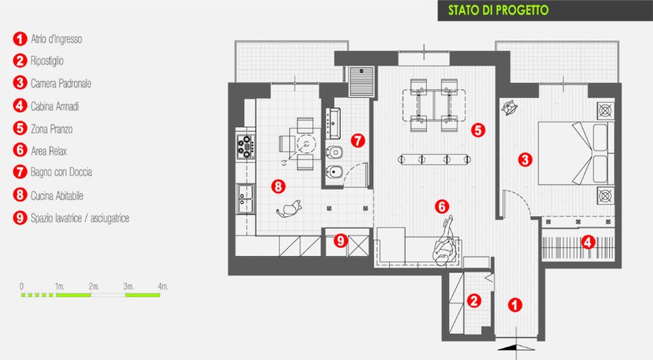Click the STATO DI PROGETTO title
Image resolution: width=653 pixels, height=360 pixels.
(498, 10)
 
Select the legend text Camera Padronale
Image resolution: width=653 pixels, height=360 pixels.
(61, 83)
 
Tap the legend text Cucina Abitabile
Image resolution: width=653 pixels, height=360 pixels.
(57, 195)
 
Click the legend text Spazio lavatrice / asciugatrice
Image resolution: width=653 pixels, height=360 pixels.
(80, 218)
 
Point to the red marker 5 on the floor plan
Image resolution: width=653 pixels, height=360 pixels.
(478, 130)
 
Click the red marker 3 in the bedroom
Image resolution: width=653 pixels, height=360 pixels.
(525, 159)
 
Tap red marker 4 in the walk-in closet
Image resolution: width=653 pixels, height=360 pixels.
(588, 242)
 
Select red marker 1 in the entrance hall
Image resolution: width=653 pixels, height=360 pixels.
(515, 305)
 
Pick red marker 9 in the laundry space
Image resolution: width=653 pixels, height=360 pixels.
(341, 241)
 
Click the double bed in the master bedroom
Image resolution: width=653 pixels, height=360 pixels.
(576, 153)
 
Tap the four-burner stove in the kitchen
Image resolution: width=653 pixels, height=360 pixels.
(245, 146)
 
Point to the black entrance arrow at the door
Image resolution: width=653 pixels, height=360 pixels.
(516, 348)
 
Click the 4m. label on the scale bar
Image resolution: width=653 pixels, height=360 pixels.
(163, 286)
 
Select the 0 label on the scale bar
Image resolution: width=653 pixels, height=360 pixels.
(22, 286)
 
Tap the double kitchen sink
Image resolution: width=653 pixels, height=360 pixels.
(245, 198)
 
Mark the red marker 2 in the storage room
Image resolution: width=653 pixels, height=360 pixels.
(474, 301)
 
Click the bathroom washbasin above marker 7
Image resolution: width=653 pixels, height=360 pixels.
(334, 123)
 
